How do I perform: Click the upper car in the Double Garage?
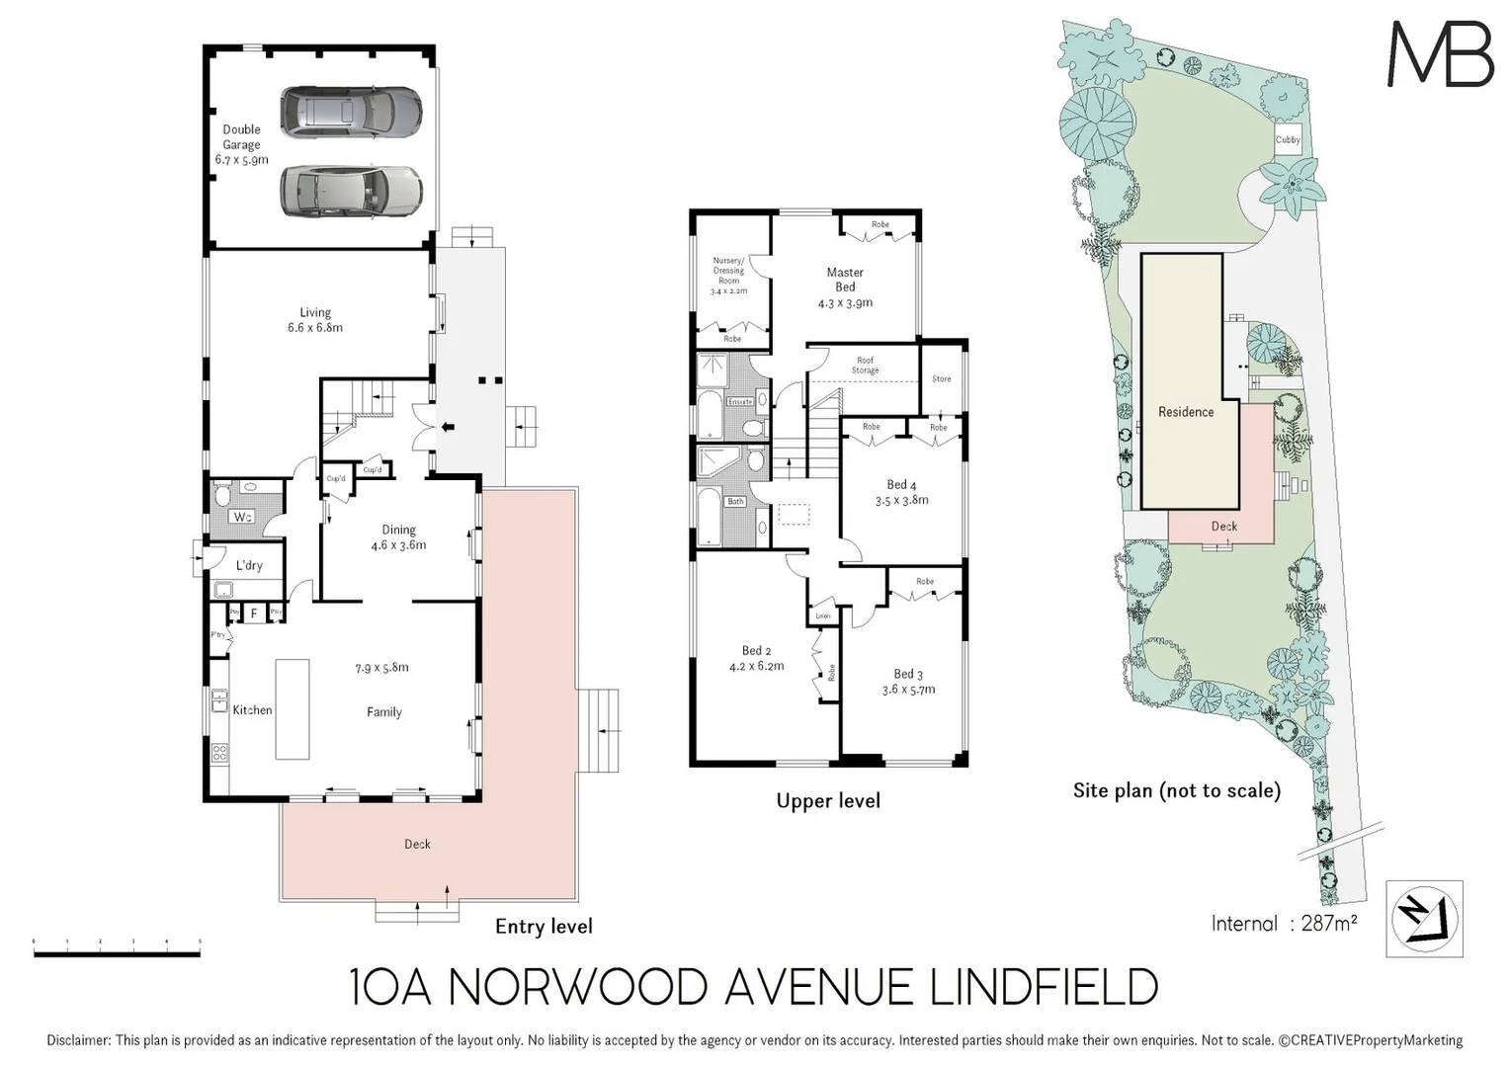click(x=351, y=112)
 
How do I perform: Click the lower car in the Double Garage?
click(x=351, y=191)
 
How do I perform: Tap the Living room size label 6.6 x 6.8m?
click(x=315, y=328)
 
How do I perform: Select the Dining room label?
click(x=398, y=531)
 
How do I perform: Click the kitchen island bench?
click(x=292, y=708)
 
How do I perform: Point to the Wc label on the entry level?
click(x=242, y=517)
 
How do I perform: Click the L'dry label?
click(x=249, y=565)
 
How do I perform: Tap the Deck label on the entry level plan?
click(x=417, y=844)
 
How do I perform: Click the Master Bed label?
click(x=845, y=280)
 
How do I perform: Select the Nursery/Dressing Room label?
click(x=728, y=271)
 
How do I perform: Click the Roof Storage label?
click(x=865, y=366)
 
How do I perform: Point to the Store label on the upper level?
click(x=942, y=378)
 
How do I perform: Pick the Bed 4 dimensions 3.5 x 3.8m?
click(x=901, y=501)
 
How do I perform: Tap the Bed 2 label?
click(x=756, y=651)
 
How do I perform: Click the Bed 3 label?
click(x=908, y=674)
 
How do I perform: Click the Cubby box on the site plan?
click(x=1288, y=139)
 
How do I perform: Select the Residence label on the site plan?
click(x=1186, y=412)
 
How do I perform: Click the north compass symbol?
click(x=1424, y=919)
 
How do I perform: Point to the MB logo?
click(x=1440, y=54)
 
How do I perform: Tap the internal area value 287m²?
click(x=1328, y=924)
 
